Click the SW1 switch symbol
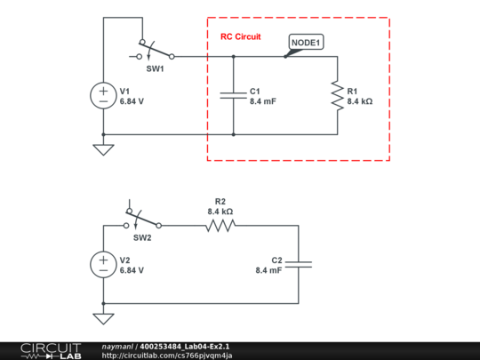pyautogui.click(x=149, y=51)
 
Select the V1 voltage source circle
pyautogui.click(x=103, y=96)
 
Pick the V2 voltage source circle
pyautogui.click(x=103, y=264)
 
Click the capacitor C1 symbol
pyautogui.click(x=233, y=96)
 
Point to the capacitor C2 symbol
pyautogui.click(x=298, y=264)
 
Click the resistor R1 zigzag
pyautogui.click(x=337, y=96)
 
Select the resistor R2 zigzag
pyautogui.click(x=220, y=226)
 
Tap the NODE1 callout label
pyautogui.click(x=308, y=42)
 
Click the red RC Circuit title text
pyautogui.click(x=241, y=36)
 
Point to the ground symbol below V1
pyautogui.click(x=103, y=149)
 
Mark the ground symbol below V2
pyautogui.click(x=103, y=318)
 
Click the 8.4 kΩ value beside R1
pyautogui.click(x=359, y=102)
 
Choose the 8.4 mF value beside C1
pyautogui.click(x=262, y=102)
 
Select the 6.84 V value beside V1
pyautogui.click(x=132, y=102)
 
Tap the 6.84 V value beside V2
pyautogui.click(x=132, y=270)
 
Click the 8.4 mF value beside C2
pyautogui.click(x=268, y=270)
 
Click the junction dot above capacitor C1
pyautogui.click(x=233, y=56)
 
